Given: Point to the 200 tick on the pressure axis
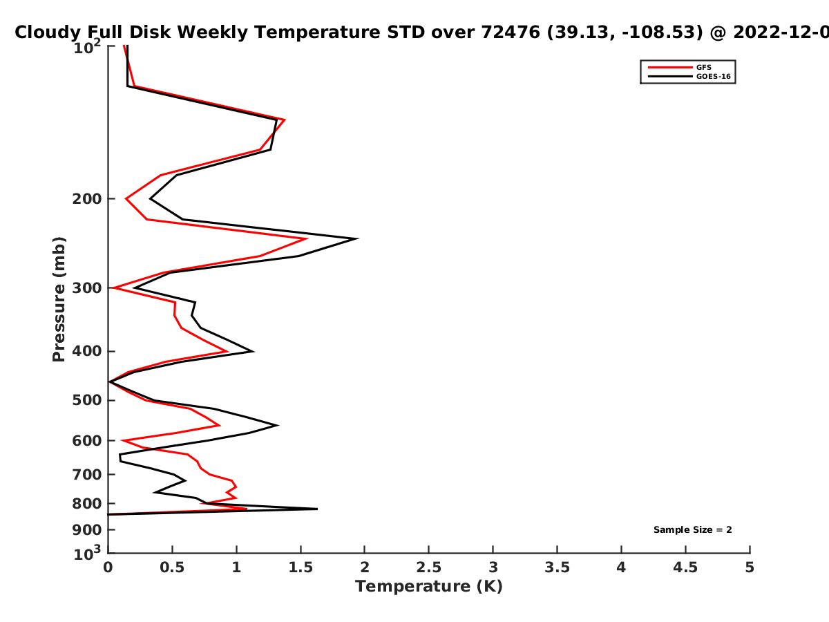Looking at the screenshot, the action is click(x=87, y=198).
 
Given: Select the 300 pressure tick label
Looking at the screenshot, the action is click(x=87, y=288).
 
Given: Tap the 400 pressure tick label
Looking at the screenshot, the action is click(x=87, y=351).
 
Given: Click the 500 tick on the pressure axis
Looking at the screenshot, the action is click(x=87, y=400).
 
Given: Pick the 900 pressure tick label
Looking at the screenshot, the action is click(x=87, y=530).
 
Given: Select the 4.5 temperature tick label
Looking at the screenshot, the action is click(x=685, y=567).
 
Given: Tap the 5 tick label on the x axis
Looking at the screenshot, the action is click(x=750, y=567).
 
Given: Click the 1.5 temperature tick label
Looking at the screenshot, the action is click(x=301, y=567).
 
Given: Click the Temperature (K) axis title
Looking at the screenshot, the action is click(x=429, y=587).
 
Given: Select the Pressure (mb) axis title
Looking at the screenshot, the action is click(x=59, y=299).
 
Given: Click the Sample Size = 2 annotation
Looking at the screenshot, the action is click(x=693, y=530).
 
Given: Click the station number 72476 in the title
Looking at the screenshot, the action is click(x=511, y=32).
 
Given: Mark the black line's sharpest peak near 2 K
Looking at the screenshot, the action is click(x=357, y=238).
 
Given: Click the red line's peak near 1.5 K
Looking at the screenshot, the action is click(x=306, y=238).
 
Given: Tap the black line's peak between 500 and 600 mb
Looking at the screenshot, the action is click(x=278, y=425).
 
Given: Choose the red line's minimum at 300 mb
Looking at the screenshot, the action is click(x=115, y=288).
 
